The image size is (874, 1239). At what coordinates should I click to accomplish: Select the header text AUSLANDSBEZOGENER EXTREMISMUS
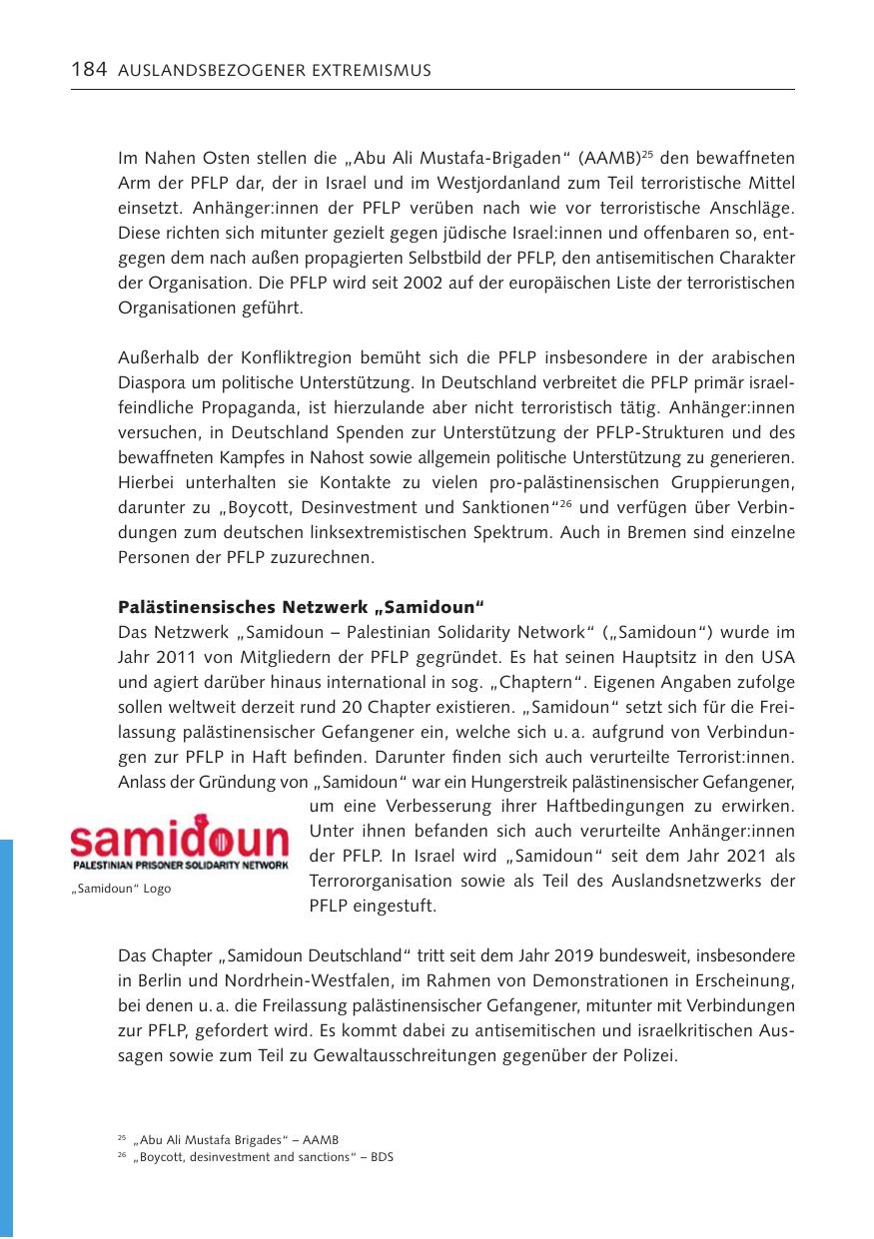[x=275, y=71]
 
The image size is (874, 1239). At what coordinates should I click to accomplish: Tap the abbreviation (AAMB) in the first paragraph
[x=599, y=159]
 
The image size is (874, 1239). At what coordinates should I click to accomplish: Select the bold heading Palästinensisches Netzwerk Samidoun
[x=301, y=607]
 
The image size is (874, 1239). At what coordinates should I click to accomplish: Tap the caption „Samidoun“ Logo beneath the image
[x=121, y=889]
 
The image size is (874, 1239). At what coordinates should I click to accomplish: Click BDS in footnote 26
[x=384, y=1158]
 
